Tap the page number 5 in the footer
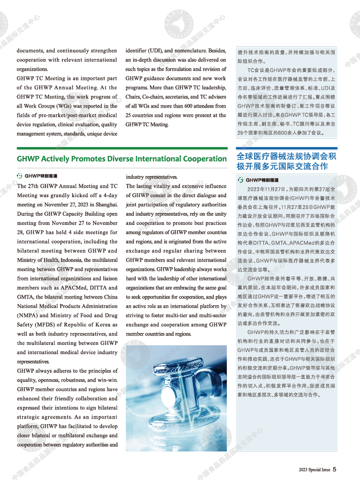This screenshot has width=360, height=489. (x=334, y=469)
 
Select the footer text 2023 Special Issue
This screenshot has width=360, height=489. (x=314, y=469)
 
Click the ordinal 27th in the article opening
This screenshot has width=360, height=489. (x=34, y=186)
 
